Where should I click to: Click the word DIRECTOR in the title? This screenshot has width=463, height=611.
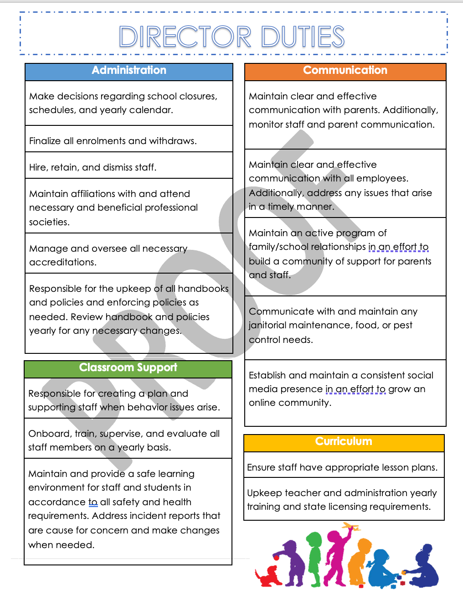(x=185, y=37)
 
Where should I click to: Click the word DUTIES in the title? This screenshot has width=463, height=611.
(x=303, y=37)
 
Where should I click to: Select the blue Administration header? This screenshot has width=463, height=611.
(x=129, y=71)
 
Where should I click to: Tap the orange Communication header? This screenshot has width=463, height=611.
(x=345, y=71)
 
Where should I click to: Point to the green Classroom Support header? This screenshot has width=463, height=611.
(x=128, y=368)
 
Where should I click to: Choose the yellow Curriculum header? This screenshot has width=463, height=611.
(x=344, y=442)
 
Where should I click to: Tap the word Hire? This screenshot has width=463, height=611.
(x=38, y=167)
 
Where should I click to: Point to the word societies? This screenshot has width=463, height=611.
(x=49, y=222)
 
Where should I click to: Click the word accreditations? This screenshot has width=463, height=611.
(x=63, y=262)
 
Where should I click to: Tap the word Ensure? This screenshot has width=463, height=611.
(x=261, y=467)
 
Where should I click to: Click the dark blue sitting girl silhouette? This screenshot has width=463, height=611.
(x=424, y=568)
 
